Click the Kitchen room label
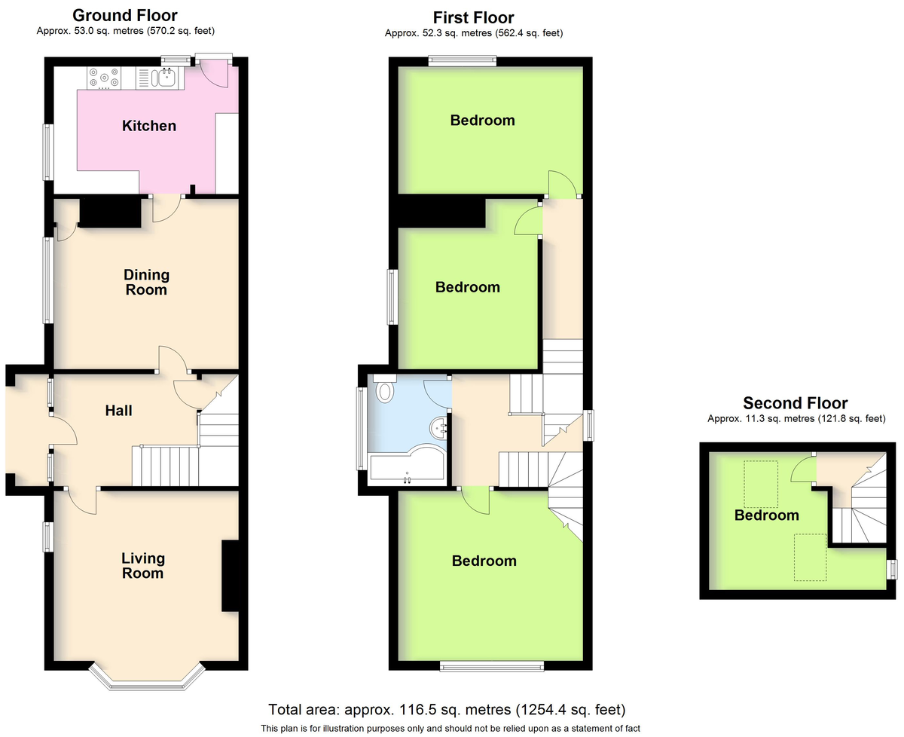(x=149, y=126)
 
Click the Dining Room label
(x=147, y=283)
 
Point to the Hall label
(x=119, y=411)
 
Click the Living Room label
(x=143, y=566)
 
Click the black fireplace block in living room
(x=230, y=576)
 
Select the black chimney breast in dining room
(x=110, y=211)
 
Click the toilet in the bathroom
(x=386, y=390)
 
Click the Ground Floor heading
(x=124, y=15)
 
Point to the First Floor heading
(x=473, y=17)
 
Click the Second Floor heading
(x=795, y=403)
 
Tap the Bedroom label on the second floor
(x=767, y=515)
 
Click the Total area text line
(x=447, y=710)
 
